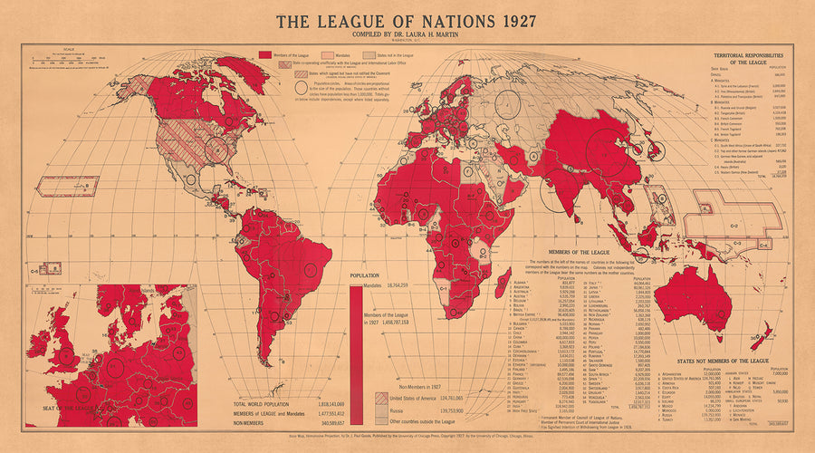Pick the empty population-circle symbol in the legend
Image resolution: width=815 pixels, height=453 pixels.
(301, 89)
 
